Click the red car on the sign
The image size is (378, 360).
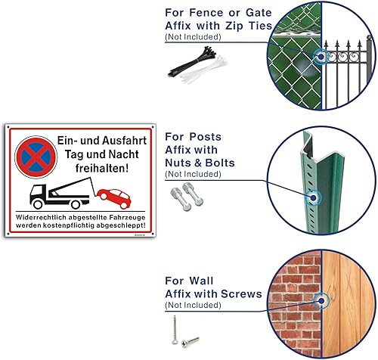114,198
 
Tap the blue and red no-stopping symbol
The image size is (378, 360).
36,157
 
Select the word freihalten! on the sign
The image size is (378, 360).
102,168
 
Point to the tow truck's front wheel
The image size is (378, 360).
38,204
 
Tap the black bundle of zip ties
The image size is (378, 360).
192,61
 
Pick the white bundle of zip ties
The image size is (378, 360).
203,70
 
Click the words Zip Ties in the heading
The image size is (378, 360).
249,26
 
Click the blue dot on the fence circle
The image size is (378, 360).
321,57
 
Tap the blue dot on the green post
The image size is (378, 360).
313,198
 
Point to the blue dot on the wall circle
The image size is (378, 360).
321,301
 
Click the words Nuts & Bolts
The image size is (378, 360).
200,163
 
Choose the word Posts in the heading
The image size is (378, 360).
206,137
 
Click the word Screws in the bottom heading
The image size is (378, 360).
241,294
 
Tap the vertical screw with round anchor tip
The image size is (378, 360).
175,330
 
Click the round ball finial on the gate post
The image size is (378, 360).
369,38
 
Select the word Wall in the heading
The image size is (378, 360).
201,281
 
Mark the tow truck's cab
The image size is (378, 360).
38,193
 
